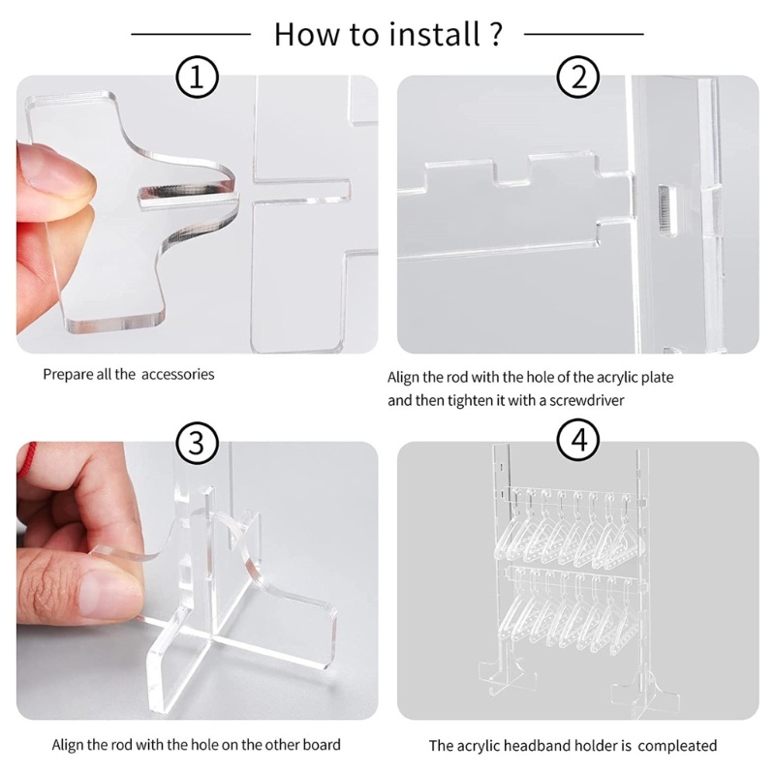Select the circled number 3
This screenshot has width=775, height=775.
point(197,444)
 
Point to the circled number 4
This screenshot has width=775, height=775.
point(578,444)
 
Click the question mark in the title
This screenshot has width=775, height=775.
point(495,34)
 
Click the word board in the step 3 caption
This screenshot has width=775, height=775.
point(321,745)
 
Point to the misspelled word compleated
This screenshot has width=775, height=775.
point(678,745)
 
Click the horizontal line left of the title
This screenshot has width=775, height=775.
point(191,34)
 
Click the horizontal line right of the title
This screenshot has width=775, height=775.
point(583,34)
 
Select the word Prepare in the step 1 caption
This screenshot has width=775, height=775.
point(65,373)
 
